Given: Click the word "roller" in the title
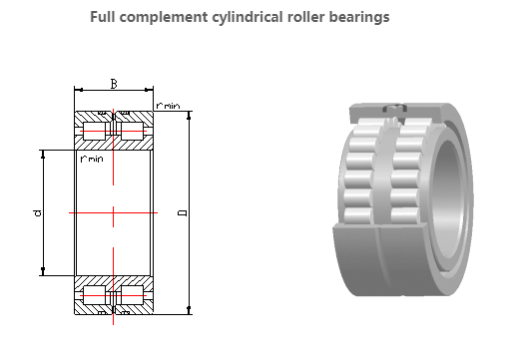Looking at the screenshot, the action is click(x=305, y=17).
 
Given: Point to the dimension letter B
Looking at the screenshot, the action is click(x=114, y=84).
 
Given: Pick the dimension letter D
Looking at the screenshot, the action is click(x=183, y=212).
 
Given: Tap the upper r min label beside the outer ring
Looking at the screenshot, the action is click(x=168, y=106).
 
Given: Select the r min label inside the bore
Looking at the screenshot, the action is click(x=92, y=159).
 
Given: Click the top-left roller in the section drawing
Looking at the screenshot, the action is click(x=94, y=131).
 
